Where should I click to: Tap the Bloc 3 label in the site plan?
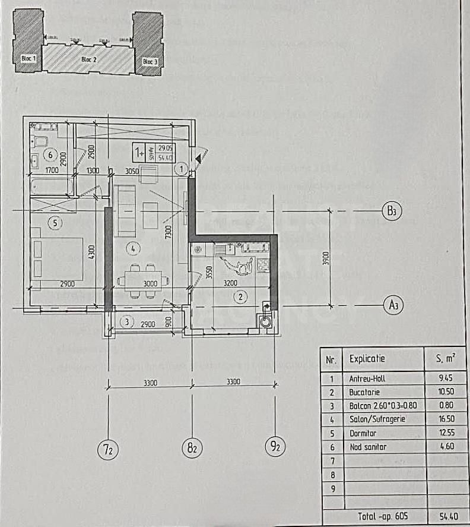(x=150, y=62)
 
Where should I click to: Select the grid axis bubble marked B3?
(x=390, y=212)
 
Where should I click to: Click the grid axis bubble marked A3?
(x=391, y=305)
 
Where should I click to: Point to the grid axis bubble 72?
(x=108, y=449)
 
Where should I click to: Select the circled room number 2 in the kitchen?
(x=240, y=296)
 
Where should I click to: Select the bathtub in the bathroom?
(x=52, y=186)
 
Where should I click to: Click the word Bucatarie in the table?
(x=364, y=393)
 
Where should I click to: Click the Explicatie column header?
(x=367, y=359)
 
